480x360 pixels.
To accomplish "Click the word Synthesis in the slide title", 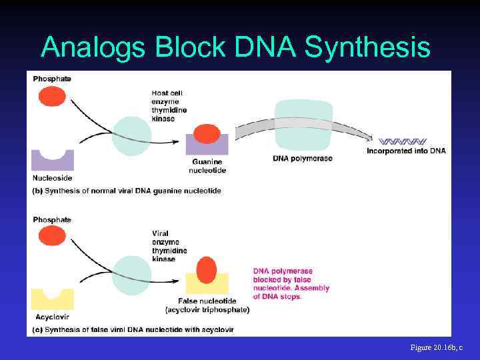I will tap(367, 48).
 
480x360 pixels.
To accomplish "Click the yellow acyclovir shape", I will tap(52, 299).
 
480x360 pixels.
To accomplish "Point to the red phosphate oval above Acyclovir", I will tap(52, 236).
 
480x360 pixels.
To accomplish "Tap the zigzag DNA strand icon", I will tap(402, 141).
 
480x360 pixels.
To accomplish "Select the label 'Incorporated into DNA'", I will tap(406, 151).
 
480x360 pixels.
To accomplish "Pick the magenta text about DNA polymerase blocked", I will tap(291, 284).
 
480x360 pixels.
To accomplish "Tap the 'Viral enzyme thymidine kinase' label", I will tap(169, 246).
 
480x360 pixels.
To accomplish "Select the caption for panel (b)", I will tap(127, 191).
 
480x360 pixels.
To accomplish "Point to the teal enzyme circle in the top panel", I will tap(131, 136).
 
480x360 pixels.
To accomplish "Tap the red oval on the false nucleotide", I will tap(207, 270).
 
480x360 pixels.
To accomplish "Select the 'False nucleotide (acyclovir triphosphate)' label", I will tap(207, 306).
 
